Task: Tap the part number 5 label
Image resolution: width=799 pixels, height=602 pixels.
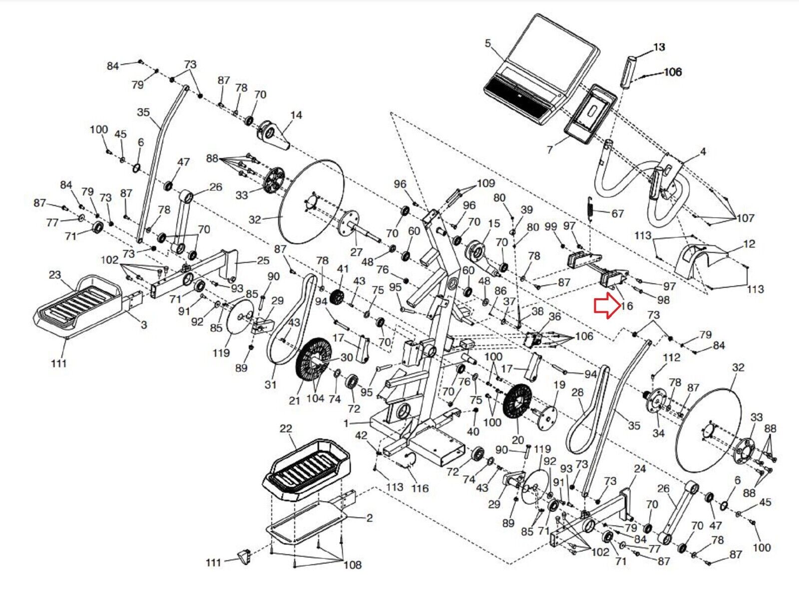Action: [x=488, y=43]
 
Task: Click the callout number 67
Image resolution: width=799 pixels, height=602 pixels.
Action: [x=618, y=213]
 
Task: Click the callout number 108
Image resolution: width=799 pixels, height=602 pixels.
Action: [x=352, y=565]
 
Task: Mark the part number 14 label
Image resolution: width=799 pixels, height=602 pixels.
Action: [x=296, y=115]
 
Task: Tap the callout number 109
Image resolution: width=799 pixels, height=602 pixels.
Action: [x=485, y=184]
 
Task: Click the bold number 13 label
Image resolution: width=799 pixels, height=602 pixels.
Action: [x=659, y=47]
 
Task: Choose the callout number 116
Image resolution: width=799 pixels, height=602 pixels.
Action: [x=420, y=488]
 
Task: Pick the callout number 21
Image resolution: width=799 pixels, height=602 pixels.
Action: [x=295, y=400]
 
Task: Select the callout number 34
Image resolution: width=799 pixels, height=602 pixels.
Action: [x=658, y=433]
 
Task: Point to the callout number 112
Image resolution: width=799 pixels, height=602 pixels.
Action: [x=671, y=358]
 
